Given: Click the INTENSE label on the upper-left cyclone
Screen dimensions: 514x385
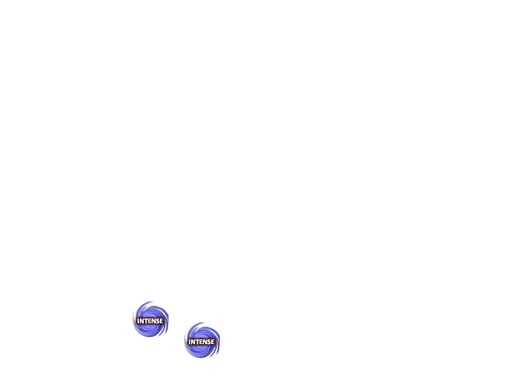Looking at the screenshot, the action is click(x=150, y=321).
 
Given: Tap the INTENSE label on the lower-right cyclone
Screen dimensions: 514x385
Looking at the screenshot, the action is click(x=202, y=342).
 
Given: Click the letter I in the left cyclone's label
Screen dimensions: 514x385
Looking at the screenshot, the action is click(x=138, y=321).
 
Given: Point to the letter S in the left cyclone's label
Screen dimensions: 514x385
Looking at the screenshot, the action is click(x=157, y=321).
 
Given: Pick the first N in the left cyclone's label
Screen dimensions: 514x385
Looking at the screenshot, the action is click(x=142, y=321).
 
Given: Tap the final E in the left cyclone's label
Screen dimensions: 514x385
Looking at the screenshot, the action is click(x=161, y=321).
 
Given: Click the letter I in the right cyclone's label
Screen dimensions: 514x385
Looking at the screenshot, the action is click(x=190, y=342).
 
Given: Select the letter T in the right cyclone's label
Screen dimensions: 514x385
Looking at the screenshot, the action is click(x=197, y=342).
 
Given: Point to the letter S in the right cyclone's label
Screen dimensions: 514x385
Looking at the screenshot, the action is click(x=209, y=342).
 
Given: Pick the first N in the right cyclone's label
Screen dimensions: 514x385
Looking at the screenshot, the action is click(x=193, y=342).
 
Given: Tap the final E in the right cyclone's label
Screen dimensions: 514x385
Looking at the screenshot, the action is click(x=212, y=342).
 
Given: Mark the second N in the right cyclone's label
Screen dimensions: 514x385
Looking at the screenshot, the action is click(x=205, y=342).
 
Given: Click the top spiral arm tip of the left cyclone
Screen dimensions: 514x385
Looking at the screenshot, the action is click(x=151, y=302).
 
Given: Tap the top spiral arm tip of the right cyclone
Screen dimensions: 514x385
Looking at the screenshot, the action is click(x=202, y=322).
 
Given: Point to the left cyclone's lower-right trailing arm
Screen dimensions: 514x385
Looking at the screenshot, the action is click(x=165, y=330).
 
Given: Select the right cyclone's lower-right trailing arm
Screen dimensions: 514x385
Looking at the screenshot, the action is click(x=217, y=351).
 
